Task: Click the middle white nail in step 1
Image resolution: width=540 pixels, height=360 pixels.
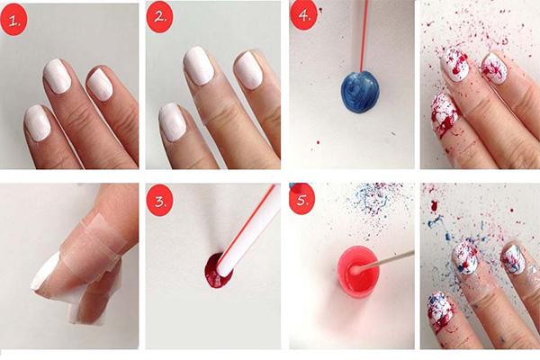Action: [x=57, y=78]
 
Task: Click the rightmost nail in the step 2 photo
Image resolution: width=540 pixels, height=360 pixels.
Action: [x=247, y=69]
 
